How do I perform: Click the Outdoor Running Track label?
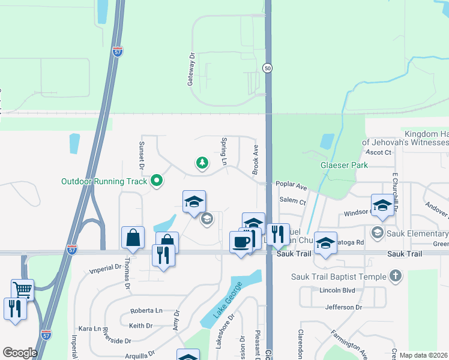(x=104, y=181)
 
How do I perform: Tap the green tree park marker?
(x=202, y=163)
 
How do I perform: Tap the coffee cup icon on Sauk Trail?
(x=241, y=242)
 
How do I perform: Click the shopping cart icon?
(x=22, y=290)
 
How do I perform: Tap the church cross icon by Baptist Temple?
(x=395, y=276)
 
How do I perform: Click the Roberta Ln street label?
(x=147, y=311)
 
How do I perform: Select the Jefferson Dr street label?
(x=344, y=307)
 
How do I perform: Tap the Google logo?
(x=20, y=353)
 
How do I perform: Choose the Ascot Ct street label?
(x=378, y=152)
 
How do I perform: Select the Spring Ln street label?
(x=224, y=152)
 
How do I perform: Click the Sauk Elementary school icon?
(x=377, y=232)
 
